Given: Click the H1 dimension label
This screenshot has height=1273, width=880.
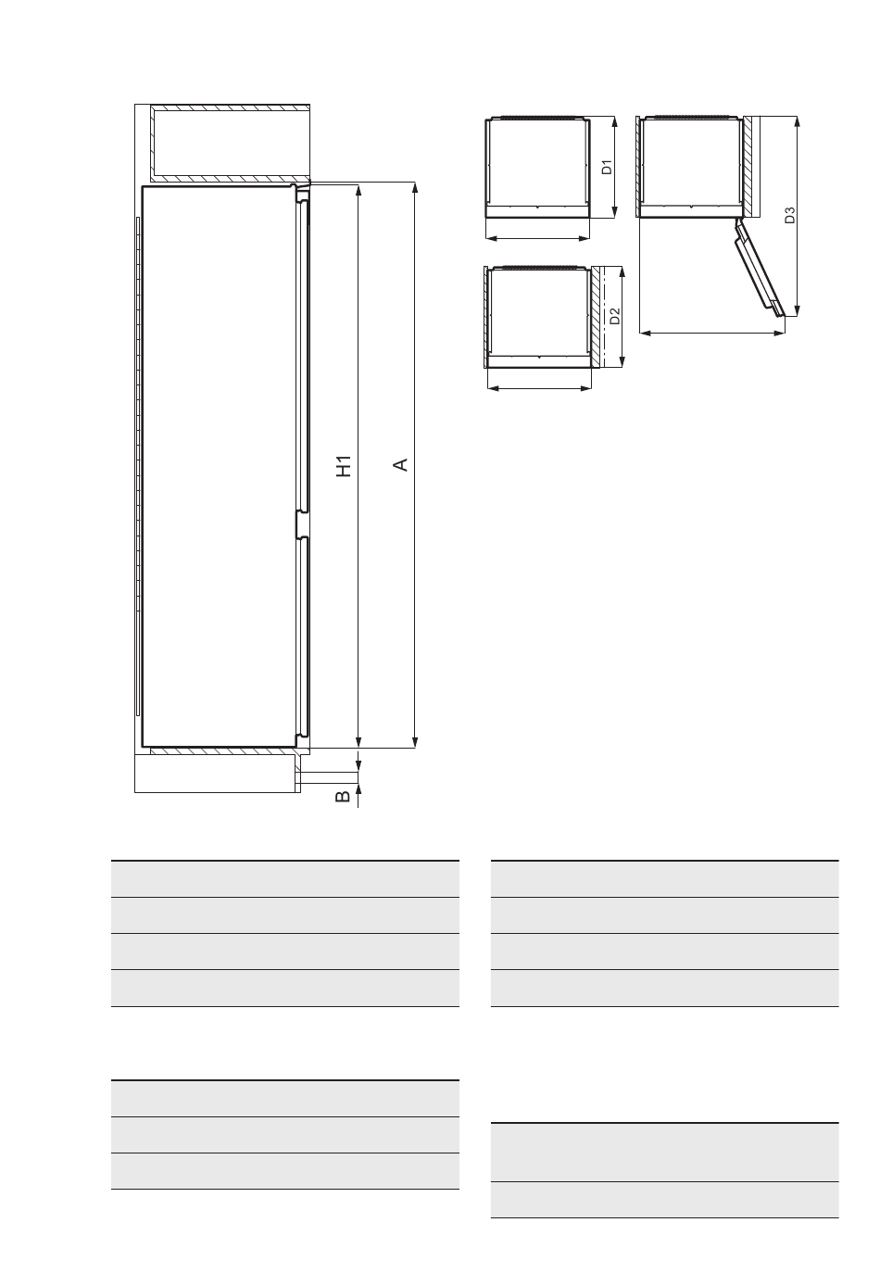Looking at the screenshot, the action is (x=345, y=466).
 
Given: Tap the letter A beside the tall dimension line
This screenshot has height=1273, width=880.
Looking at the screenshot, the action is (x=401, y=465).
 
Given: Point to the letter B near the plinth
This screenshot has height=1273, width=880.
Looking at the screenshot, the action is (x=343, y=797).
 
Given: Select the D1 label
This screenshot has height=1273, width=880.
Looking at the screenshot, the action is (x=608, y=168).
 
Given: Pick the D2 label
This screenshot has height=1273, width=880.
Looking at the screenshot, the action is (x=614, y=316).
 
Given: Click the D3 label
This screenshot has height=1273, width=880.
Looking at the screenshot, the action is (x=789, y=215).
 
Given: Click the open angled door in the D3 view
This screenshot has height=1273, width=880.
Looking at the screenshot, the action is (x=760, y=268).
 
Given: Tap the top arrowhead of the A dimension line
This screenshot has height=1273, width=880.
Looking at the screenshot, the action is (x=415, y=188).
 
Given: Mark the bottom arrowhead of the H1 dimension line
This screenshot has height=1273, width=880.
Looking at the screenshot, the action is (x=358, y=741).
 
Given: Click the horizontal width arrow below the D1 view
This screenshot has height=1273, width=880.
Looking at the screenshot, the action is (x=538, y=239).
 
